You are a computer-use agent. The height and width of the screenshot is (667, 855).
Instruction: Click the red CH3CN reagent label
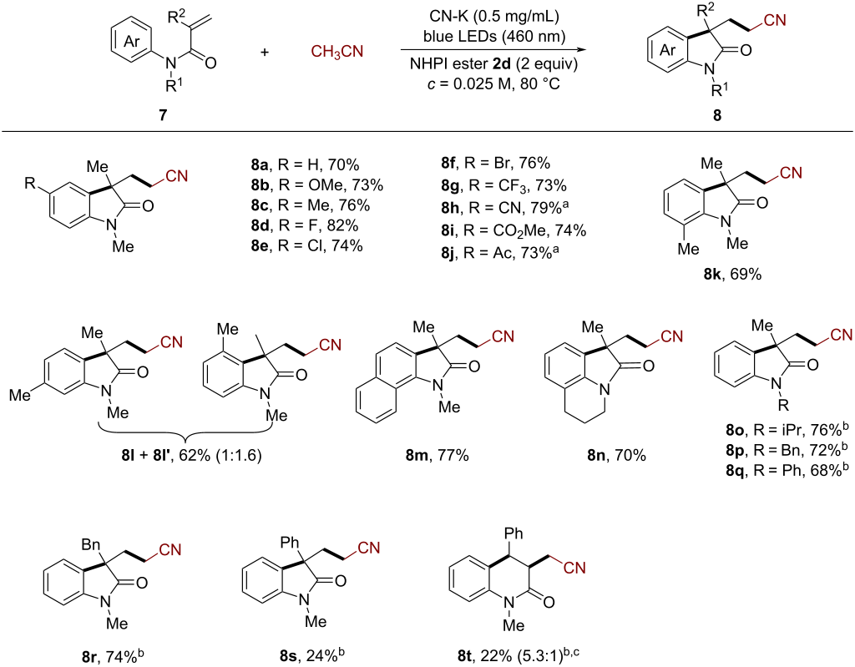pyautogui.click(x=337, y=52)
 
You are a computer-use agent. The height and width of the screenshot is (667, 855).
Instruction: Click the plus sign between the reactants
pyautogui.click(x=265, y=53)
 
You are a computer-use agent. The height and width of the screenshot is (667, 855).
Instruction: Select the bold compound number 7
pyautogui.click(x=163, y=115)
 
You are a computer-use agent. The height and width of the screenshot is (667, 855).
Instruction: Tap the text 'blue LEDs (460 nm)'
pyautogui.click(x=494, y=37)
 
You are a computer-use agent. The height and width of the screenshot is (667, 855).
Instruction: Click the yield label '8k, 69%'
pyautogui.click(x=732, y=274)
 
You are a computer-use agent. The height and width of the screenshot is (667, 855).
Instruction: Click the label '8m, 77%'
pyautogui.click(x=437, y=455)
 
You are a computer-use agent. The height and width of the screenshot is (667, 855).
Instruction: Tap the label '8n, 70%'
pyautogui.click(x=616, y=455)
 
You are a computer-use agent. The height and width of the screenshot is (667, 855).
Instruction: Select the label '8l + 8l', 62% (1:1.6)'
pyautogui.click(x=191, y=455)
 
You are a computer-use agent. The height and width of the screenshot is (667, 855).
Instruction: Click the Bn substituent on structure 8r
pyautogui.click(x=91, y=544)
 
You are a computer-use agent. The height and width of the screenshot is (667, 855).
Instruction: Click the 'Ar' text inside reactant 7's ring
pyautogui.click(x=132, y=42)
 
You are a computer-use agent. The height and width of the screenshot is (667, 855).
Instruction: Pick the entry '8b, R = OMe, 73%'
pyautogui.click(x=316, y=185)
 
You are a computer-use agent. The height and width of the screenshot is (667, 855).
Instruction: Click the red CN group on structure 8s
pyautogui.click(x=368, y=547)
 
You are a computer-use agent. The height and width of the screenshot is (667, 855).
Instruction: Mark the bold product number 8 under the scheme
pyautogui.click(x=717, y=115)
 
